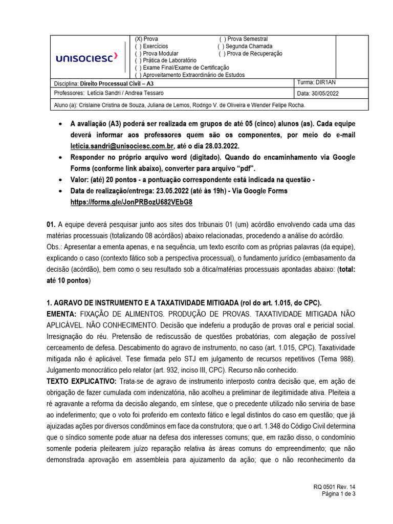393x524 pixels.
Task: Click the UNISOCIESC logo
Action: tap(86, 58)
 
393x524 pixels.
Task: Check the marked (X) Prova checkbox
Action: tap(138, 39)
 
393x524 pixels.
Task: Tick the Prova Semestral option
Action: tap(222, 39)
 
